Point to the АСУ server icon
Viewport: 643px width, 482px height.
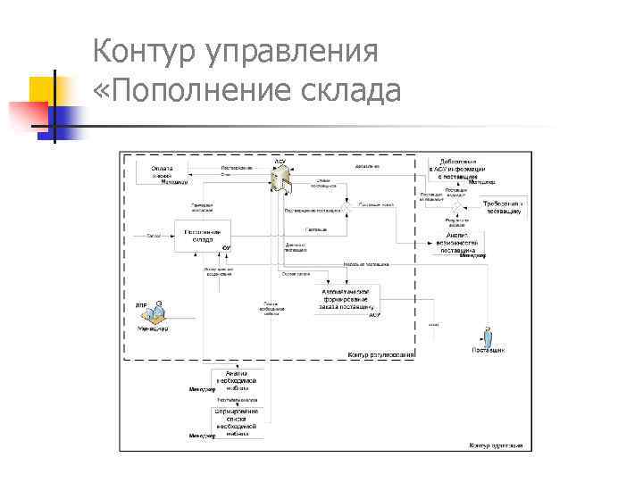[x=280, y=178]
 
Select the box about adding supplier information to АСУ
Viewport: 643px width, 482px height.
[x=458, y=170]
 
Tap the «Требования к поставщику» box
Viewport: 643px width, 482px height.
[x=503, y=207]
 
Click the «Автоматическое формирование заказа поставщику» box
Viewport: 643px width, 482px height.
[x=347, y=299]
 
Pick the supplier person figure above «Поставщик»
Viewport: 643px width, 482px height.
[x=488, y=338]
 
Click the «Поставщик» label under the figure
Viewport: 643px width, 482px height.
[x=489, y=352]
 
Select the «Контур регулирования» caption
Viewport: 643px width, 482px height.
[x=380, y=355]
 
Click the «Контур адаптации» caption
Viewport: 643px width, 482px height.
[x=494, y=444]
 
